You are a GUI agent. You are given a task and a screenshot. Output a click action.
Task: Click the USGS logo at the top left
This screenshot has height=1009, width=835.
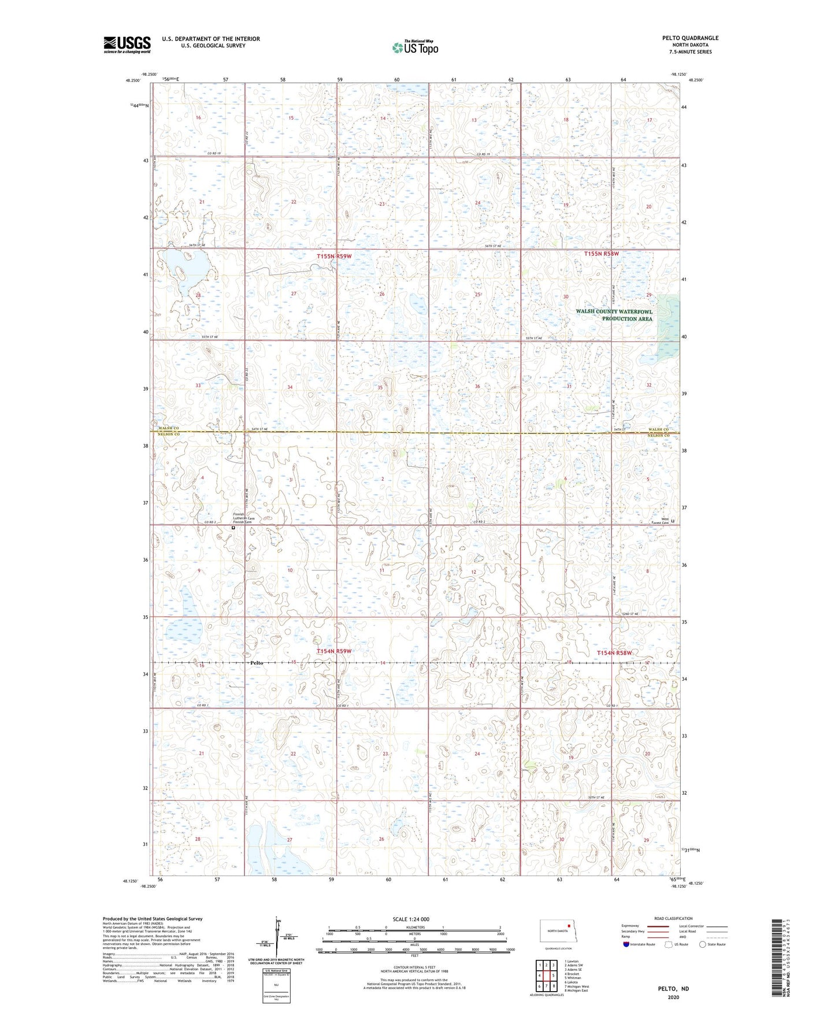pyautogui.click(x=127, y=44)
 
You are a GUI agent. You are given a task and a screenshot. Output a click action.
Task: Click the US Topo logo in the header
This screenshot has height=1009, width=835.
pyautogui.click(x=415, y=47)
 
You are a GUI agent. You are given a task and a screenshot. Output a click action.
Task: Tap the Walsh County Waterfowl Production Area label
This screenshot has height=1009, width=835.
pyautogui.click(x=614, y=315)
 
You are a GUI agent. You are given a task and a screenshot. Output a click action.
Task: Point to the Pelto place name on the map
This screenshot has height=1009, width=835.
pyautogui.click(x=257, y=663)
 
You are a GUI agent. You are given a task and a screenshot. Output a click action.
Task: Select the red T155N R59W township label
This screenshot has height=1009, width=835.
pyautogui.click(x=334, y=256)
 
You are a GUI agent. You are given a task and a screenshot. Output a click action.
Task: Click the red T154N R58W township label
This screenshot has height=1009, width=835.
pyautogui.click(x=614, y=653)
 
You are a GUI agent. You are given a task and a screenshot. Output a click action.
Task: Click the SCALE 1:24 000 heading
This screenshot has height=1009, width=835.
pyautogui.click(x=411, y=919)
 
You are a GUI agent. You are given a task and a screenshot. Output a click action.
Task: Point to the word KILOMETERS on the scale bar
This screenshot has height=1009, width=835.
pyautogui.click(x=415, y=927)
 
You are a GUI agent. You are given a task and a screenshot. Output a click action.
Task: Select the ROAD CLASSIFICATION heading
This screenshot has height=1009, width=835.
pyautogui.click(x=673, y=918)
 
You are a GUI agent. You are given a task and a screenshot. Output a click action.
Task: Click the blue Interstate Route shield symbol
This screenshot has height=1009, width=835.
pyautogui.click(x=626, y=944)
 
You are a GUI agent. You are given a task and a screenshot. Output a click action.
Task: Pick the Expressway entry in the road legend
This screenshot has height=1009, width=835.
pyautogui.click(x=630, y=926)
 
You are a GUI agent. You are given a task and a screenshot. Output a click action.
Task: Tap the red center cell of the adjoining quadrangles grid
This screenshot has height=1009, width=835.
pyautogui.click(x=547, y=975)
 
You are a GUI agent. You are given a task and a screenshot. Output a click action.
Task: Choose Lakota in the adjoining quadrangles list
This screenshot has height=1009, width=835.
pyautogui.click(x=572, y=982)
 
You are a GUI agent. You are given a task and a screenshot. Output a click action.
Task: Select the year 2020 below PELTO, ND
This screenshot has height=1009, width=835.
pyautogui.click(x=673, y=997)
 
